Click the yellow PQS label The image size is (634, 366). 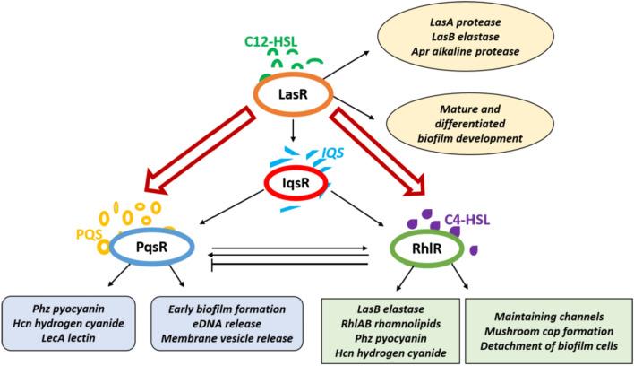[85, 235]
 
